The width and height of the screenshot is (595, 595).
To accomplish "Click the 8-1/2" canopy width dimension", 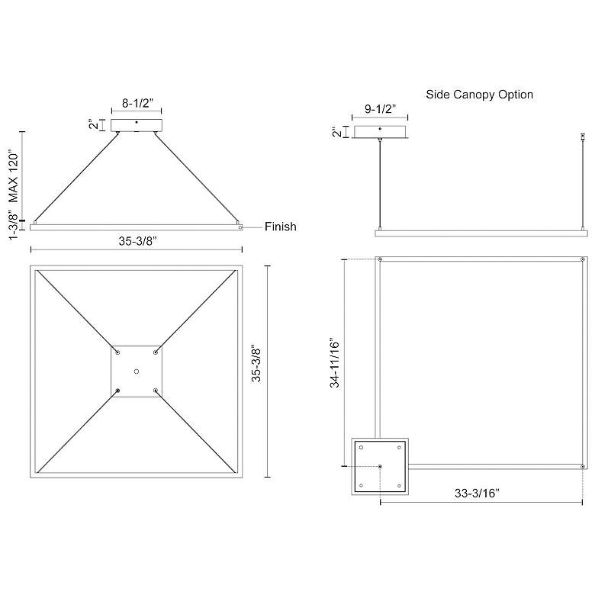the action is click(x=137, y=103).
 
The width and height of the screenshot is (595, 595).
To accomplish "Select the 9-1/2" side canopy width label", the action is click(x=380, y=109).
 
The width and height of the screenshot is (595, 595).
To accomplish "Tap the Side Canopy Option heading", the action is click(x=479, y=95).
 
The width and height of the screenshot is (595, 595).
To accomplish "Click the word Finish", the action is click(x=281, y=227).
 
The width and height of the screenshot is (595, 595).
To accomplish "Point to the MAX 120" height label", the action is click(x=13, y=178).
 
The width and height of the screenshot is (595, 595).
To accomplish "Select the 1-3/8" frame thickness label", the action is click(x=13, y=227).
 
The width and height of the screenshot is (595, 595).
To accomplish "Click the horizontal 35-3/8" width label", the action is click(x=138, y=241).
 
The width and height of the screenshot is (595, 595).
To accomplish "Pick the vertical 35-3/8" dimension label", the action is click(x=256, y=363).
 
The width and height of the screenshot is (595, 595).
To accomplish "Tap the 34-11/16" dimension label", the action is click(x=334, y=362).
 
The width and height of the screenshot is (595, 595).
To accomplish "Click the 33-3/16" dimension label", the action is click(x=477, y=493).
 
